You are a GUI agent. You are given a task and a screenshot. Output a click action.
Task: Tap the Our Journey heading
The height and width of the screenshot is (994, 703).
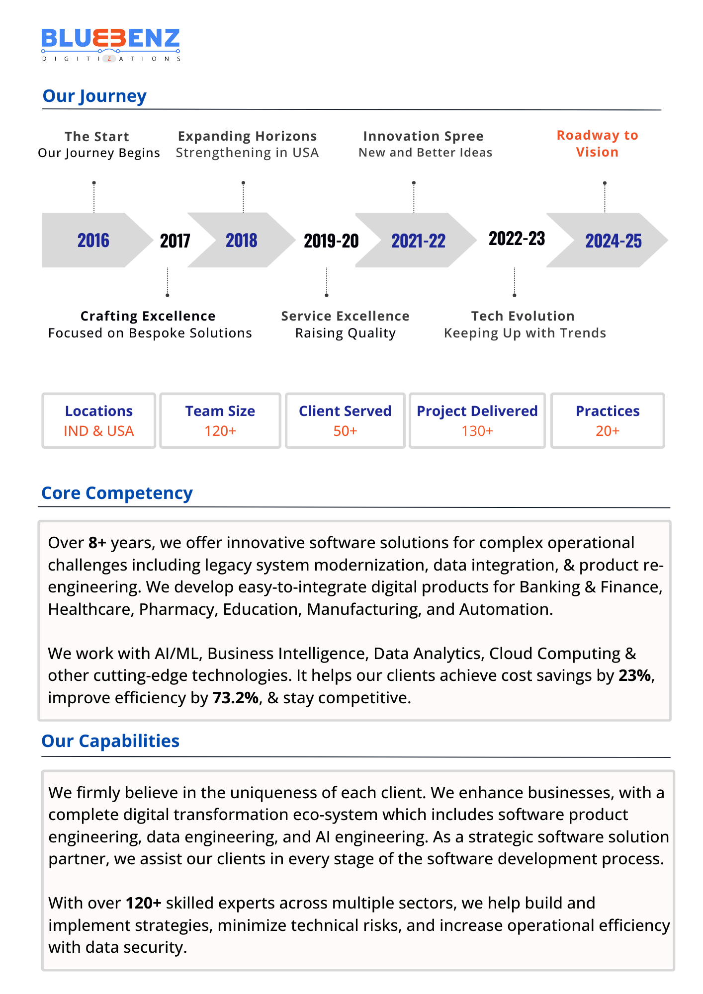click(x=94, y=96)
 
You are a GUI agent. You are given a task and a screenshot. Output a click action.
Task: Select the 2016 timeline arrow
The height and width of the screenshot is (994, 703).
click(x=93, y=241)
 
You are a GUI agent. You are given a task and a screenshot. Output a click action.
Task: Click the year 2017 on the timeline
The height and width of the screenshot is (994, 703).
click(x=175, y=241)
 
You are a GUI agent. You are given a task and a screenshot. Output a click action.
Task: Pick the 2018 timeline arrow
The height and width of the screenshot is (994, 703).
click(x=242, y=241)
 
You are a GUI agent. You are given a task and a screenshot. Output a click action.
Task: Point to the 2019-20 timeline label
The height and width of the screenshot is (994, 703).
click(x=331, y=241)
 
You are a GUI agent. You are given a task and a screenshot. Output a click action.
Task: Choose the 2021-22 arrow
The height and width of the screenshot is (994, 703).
click(x=418, y=241)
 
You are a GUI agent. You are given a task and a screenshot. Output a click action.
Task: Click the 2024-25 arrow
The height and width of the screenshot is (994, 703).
click(x=613, y=241)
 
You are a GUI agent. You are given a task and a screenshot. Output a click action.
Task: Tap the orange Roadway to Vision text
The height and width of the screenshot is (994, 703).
click(x=597, y=144)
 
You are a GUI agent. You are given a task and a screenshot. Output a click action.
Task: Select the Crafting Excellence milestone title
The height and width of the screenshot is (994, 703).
click(x=148, y=316)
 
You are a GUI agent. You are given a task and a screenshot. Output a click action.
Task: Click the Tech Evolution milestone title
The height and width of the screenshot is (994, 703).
click(x=523, y=316)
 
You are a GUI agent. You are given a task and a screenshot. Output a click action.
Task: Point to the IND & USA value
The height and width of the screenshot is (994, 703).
click(x=99, y=431)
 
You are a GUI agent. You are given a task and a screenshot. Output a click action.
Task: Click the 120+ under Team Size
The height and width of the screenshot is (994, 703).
click(x=220, y=431)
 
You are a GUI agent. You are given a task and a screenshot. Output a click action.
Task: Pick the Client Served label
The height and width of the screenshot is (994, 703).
click(x=345, y=411)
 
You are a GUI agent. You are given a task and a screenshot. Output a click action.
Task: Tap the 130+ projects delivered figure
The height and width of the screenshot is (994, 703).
click(x=477, y=431)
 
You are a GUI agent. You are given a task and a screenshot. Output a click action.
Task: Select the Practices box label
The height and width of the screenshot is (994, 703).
click(x=608, y=411)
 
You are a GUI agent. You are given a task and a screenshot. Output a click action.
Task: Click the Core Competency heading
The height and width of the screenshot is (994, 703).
click(x=117, y=493)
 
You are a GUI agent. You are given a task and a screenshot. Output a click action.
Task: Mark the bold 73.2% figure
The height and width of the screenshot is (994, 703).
click(x=236, y=698)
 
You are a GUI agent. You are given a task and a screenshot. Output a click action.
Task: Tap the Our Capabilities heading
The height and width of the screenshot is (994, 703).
click(x=110, y=741)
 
